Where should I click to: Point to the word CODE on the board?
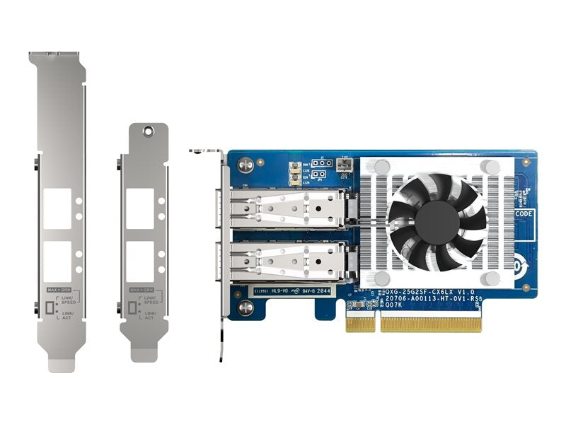coord(524,213)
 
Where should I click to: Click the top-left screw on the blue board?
coord(246,164)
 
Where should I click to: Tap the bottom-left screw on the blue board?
coord(246,307)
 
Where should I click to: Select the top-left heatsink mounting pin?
coord(381,167)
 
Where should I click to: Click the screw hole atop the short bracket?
coord(148,131)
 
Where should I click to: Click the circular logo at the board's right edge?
coord(526,261)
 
